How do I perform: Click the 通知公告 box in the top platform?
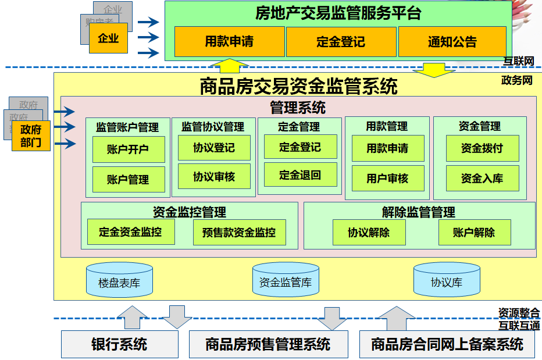tap(452, 42)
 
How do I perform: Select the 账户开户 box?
tap(129, 149)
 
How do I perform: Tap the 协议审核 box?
tap(214, 176)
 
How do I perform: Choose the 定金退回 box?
tap(300, 174)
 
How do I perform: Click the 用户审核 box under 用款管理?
tap(387, 179)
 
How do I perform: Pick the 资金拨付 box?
tap(482, 148)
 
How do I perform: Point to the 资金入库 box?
tap(482, 179)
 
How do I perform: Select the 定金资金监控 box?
tap(130, 232)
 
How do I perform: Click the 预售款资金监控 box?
tap(239, 233)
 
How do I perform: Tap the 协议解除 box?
tap(369, 233)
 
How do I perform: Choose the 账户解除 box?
tap(475, 233)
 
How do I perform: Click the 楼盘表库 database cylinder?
tap(119, 281)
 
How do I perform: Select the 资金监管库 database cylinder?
tap(286, 281)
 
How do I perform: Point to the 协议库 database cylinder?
tap(447, 281)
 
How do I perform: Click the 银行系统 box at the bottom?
tap(119, 344)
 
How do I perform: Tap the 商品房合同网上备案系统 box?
tap(447, 344)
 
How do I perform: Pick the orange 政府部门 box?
tap(31, 136)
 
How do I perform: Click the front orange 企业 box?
tap(108, 38)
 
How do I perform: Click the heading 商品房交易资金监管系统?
tap(298, 87)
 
